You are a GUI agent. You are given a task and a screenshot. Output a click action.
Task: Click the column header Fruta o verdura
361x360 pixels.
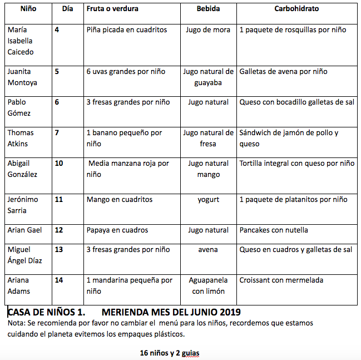click(112, 9)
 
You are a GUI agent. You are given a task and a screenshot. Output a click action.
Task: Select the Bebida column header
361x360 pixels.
click(208, 9)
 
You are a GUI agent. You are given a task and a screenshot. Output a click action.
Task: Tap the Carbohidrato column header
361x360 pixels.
click(296, 9)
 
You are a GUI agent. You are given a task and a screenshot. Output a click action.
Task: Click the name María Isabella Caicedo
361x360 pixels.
click(21, 41)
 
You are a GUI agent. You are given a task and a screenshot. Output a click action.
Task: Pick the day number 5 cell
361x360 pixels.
click(57, 71)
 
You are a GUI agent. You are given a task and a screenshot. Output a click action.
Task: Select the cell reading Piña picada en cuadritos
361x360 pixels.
click(127, 29)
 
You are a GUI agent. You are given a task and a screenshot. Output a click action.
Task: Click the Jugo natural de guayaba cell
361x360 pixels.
click(208, 77)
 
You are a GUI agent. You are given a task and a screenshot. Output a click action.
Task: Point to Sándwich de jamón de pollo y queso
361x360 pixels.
click(289, 138)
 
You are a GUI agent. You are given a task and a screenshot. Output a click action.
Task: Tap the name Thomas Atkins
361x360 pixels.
click(21, 138)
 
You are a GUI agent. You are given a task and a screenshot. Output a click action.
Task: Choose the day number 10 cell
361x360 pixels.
click(58, 163)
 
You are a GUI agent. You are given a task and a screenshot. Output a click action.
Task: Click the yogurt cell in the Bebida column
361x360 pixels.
click(208, 199)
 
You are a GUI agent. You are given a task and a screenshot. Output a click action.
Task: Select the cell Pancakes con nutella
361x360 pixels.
click(273, 230)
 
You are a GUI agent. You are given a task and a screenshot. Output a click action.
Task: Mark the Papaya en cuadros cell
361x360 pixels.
click(117, 230)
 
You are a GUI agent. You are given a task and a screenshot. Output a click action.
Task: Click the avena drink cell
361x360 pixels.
click(208, 249)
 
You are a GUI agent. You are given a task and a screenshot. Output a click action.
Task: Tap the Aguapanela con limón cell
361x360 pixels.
click(208, 285)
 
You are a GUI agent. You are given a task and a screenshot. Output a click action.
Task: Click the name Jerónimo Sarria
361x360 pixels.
click(21, 205)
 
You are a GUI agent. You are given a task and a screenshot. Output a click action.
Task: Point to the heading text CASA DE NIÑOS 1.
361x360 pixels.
click(46, 312)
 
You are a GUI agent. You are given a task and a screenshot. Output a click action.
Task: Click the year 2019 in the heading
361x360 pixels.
click(229, 312)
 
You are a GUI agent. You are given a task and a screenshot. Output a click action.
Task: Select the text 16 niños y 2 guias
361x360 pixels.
click(170, 353)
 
